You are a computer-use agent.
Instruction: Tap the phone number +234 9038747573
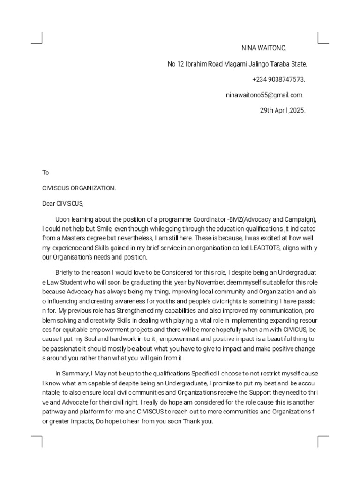pos(279,79)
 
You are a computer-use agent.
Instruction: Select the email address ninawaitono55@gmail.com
pos(265,95)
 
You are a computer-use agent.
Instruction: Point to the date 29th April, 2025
pos(283,110)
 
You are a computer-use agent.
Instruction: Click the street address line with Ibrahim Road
pos(237,64)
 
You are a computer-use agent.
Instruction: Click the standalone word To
pos(45,172)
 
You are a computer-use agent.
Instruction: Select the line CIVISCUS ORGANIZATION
pos(79,188)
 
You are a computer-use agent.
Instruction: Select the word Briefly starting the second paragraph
pos(66,272)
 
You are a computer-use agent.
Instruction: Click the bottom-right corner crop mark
pos(323,441)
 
